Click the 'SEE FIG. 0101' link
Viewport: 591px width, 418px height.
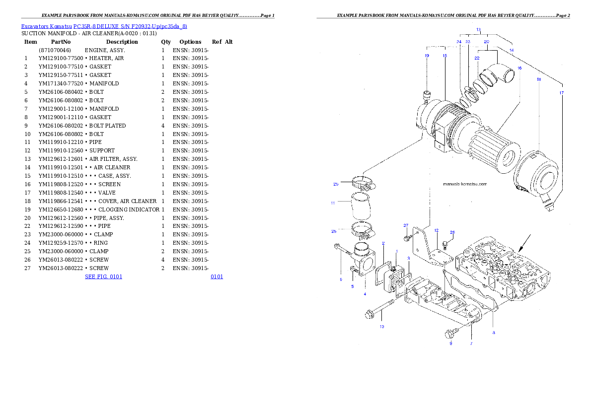(103, 276)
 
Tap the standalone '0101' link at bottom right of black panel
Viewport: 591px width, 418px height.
(217, 276)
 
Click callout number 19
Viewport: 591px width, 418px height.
(427, 56)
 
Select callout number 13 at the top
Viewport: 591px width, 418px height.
(478, 30)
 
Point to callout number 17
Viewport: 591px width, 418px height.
(561, 93)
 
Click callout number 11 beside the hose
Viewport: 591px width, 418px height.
(333, 203)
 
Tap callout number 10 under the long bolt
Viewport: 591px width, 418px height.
(381, 327)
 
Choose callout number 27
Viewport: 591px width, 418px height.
(405, 225)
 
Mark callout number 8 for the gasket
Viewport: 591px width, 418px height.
(493, 333)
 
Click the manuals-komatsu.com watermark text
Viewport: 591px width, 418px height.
(464, 183)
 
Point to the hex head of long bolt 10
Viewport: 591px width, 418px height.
(369, 314)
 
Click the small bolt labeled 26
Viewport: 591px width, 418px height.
(445, 243)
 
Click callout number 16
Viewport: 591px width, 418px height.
(519, 68)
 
